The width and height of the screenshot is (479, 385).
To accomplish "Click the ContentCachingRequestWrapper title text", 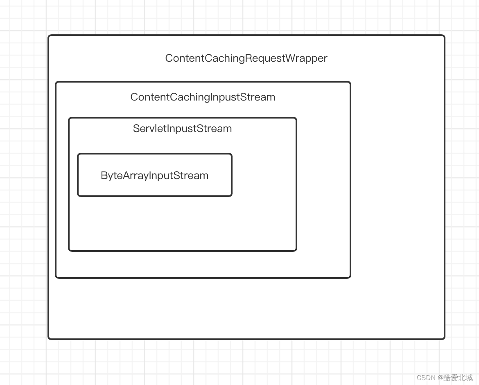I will [x=246, y=58].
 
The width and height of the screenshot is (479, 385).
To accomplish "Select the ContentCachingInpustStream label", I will [x=203, y=97].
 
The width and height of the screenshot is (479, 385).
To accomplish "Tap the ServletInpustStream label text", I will [x=182, y=128].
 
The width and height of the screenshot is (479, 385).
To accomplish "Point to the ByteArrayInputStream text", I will [x=155, y=175].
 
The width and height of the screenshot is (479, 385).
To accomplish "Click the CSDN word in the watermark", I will [x=426, y=378].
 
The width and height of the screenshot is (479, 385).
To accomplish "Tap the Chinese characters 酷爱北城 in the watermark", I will [x=458, y=378].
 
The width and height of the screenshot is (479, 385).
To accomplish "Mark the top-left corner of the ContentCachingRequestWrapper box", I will [x=49, y=36].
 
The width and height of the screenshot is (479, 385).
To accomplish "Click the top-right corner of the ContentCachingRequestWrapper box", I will [x=444, y=36].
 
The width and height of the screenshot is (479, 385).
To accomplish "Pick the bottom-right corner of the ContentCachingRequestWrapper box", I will [x=444, y=338].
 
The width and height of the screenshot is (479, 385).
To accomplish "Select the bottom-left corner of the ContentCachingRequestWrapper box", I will [x=49, y=338].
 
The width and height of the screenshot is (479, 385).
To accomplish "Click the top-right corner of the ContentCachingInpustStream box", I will [x=350, y=83].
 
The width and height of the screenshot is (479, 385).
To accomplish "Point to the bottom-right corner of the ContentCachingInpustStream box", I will [x=350, y=278].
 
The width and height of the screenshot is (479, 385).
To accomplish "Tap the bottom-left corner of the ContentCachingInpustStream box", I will [x=56, y=278].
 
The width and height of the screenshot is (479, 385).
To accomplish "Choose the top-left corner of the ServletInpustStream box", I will [x=69, y=119].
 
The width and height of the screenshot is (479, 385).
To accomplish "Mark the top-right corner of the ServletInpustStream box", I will [x=296, y=119].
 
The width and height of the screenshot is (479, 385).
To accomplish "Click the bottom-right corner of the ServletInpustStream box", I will [x=296, y=250].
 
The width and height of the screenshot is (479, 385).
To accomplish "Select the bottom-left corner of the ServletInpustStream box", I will [x=69, y=250].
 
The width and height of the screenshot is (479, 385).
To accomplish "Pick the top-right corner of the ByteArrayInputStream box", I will [x=231, y=154].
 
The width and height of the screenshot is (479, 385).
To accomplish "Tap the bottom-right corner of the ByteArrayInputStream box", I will [x=231, y=196].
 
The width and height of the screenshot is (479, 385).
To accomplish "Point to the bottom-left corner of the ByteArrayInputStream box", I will [x=78, y=196].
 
